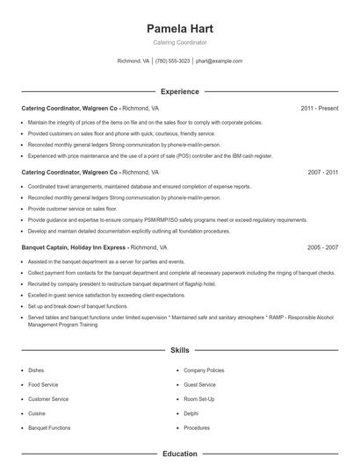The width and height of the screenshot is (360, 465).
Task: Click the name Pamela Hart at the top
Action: [x=180, y=28]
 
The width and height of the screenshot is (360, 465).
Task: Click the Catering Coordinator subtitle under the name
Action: [x=180, y=42]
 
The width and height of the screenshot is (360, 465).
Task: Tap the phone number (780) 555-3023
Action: [x=173, y=61]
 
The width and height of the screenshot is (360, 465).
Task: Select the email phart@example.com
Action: [x=219, y=61]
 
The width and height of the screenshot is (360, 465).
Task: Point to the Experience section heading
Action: [x=180, y=91]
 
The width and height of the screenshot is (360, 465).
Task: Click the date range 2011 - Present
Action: [x=319, y=108]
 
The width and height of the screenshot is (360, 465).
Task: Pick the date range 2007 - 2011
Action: [x=322, y=173]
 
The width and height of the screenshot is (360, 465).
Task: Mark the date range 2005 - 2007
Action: [x=322, y=248]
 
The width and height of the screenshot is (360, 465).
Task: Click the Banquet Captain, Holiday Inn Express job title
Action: [x=73, y=248]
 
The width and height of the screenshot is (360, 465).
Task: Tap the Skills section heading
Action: [x=180, y=349]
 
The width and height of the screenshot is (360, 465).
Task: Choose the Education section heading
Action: [x=180, y=454]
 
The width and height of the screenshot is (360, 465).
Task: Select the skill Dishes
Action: [x=36, y=370]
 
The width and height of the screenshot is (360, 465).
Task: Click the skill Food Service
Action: [x=43, y=384]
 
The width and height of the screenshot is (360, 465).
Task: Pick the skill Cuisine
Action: [x=38, y=413]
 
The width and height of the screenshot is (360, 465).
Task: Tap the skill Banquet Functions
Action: [x=49, y=427]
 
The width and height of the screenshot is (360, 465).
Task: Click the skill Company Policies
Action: [x=203, y=370]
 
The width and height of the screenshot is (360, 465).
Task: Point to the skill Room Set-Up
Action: [x=200, y=399]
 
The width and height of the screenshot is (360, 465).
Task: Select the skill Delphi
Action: [x=191, y=413]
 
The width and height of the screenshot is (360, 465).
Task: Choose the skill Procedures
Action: [x=197, y=427]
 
